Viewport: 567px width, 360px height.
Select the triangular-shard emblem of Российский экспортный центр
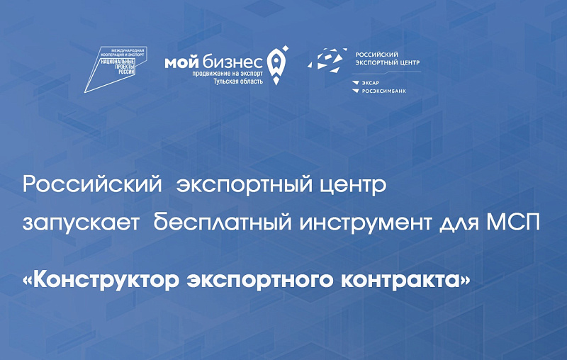click(x=327, y=60)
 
